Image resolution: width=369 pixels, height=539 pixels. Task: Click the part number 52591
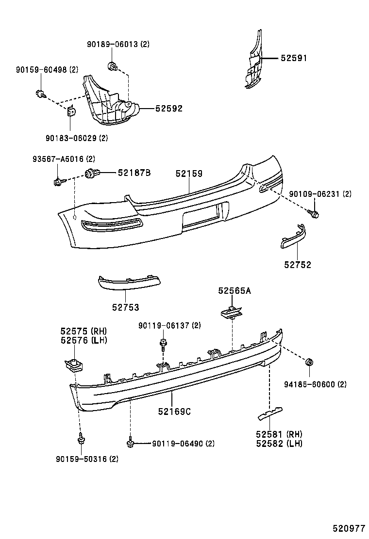[293, 58]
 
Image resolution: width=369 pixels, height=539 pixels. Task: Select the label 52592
[168, 109]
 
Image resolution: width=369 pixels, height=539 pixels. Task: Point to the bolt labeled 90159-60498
[40, 93]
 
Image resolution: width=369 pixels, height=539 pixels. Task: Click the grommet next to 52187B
[91, 173]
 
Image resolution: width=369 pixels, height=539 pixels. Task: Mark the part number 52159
[189, 174]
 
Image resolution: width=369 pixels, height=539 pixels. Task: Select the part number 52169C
[174, 412]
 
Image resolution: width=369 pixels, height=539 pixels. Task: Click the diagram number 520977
[349, 528]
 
